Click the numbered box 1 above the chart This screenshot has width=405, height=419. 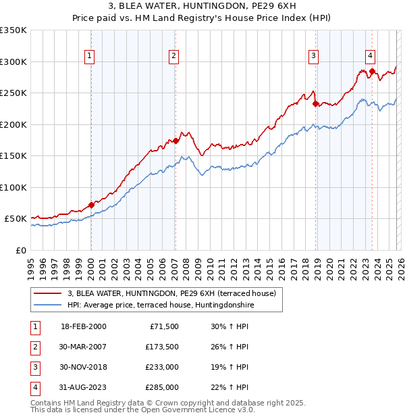(90, 56)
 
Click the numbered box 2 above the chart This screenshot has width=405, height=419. (174, 56)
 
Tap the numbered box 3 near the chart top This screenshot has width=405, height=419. (314, 56)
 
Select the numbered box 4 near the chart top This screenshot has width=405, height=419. (371, 56)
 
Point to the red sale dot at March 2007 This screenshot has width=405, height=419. (175, 141)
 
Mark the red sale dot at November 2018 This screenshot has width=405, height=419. (315, 103)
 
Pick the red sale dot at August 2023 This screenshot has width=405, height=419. (372, 71)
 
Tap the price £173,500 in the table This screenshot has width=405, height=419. (162, 347)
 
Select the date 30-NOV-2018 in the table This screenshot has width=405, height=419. (84, 367)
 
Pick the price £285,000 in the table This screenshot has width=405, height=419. (162, 387)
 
